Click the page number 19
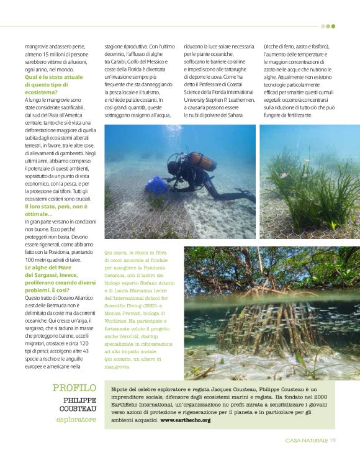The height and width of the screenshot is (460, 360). coord(333,440)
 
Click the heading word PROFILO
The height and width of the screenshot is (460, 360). coord(74,388)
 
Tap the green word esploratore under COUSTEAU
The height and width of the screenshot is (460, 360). coord(76,420)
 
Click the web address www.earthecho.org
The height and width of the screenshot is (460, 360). coord(186,420)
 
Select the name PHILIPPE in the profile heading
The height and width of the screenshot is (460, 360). coord(76,401)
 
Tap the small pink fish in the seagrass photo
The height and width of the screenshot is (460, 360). coord(282,176)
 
